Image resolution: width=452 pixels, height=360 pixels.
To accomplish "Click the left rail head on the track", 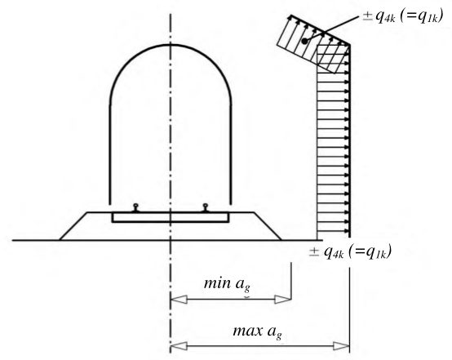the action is [x=135, y=206].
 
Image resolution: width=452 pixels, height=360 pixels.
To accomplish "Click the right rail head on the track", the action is [x=205, y=206].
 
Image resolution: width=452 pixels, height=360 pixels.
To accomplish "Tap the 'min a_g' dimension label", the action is [x=227, y=284].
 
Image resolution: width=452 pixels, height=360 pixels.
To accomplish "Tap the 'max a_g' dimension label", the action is [x=257, y=331].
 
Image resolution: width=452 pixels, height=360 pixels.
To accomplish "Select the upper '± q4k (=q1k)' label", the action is [x=403, y=17].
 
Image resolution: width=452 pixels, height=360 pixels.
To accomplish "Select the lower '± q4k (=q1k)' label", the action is [x=350, y=252].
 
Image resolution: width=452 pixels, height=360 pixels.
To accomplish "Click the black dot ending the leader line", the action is [x=304, y=42].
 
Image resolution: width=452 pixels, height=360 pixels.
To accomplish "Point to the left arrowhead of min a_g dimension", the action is [x=179, y=300].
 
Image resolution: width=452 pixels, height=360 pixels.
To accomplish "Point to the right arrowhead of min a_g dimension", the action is [x=283, y=300].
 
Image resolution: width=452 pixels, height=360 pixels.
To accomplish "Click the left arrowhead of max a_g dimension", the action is [x=179, y=346].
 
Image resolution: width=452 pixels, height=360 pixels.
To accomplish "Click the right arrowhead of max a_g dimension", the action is [x=341, y=346].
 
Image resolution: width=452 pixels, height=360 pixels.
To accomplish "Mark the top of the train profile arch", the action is [x=171, y=45].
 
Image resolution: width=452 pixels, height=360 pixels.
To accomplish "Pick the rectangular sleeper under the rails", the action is [x=171, y=217].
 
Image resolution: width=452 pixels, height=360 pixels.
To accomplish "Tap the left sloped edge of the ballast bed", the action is [x=73, y=226].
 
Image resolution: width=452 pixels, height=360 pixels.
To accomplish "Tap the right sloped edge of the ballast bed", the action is [x=268, y=226].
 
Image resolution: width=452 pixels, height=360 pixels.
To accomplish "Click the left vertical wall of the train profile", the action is [x=110, y=154].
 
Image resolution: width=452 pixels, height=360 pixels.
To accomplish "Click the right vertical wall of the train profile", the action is [x=231, y=154].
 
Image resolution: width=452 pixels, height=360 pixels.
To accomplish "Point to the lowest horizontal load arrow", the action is [x=333, y=231].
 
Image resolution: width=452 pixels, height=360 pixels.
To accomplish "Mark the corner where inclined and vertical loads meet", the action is [x=350, y=45].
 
